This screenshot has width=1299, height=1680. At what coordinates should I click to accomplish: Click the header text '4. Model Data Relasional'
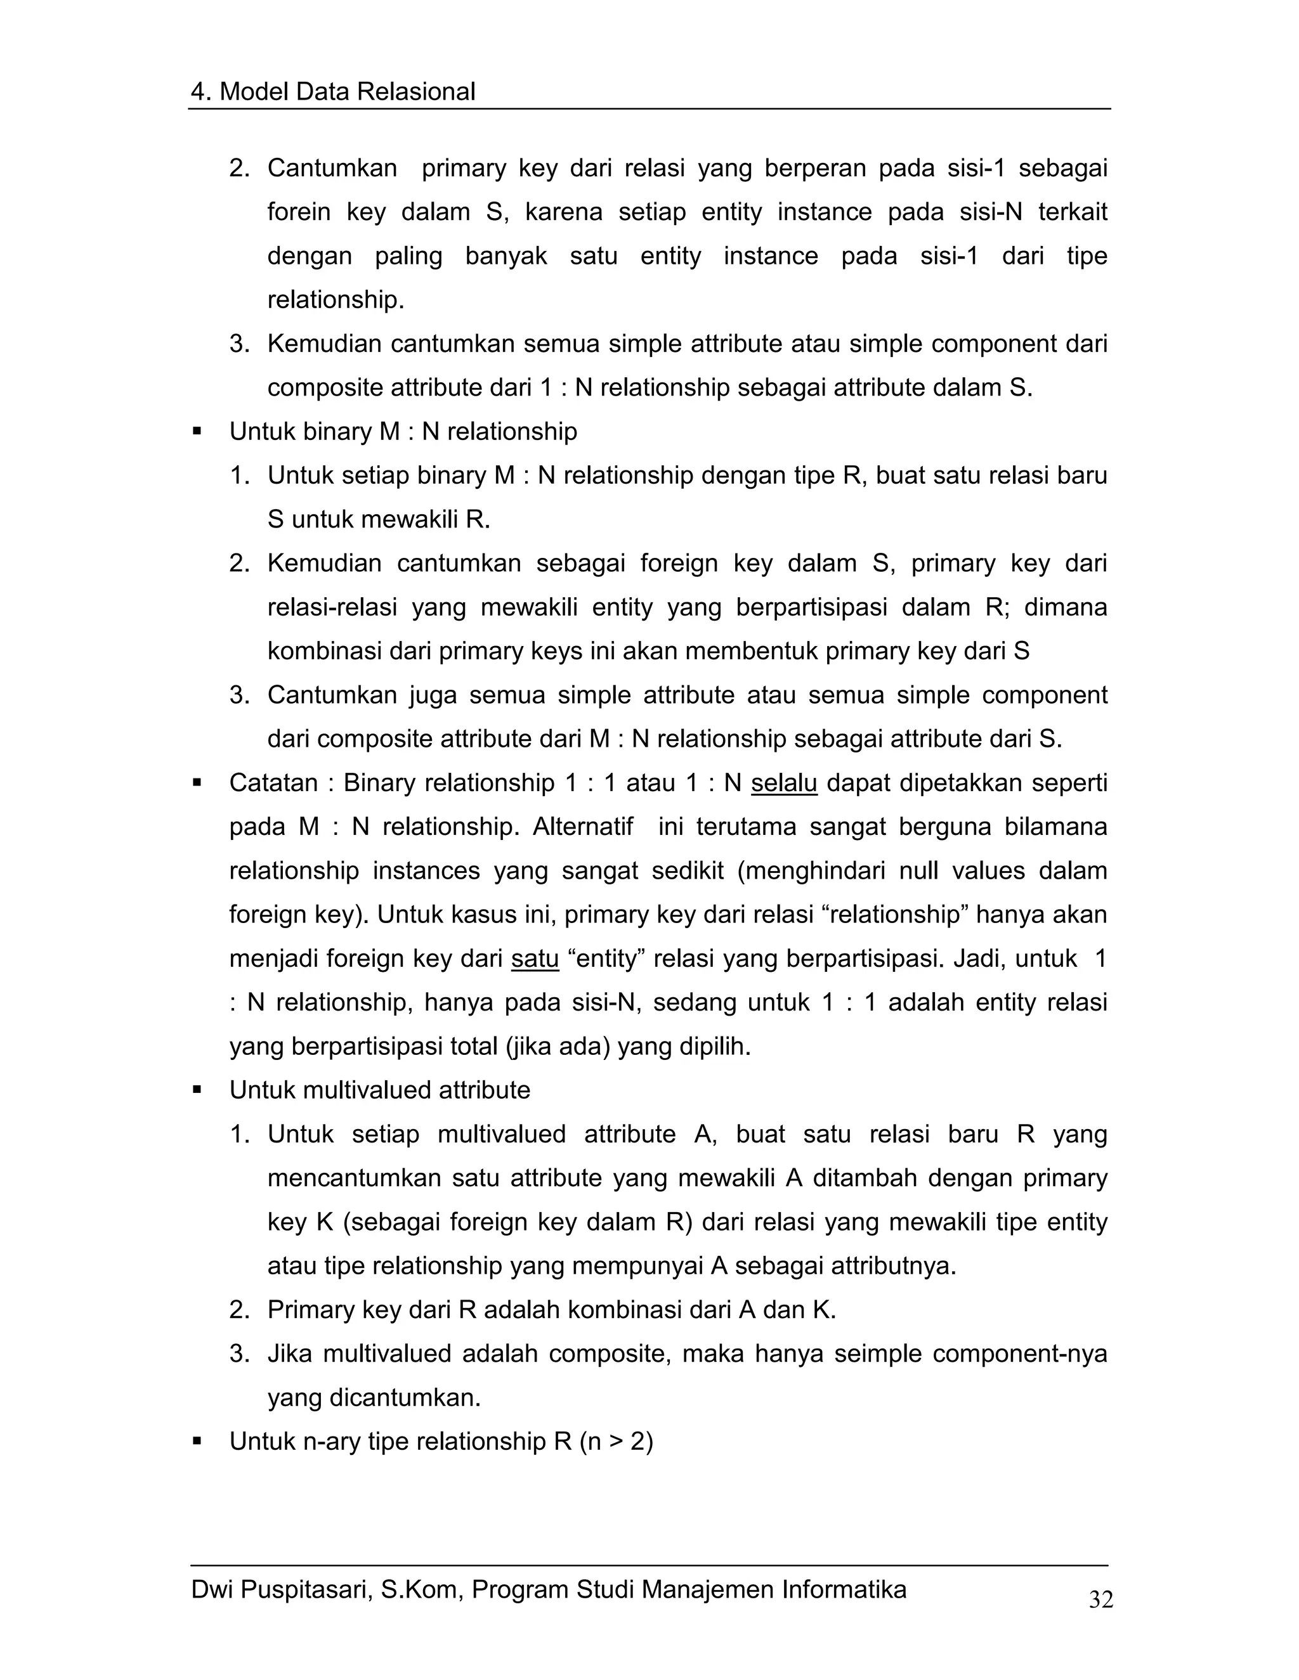pos(332,91)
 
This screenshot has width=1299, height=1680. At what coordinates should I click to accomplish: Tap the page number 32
pos(1100,1599)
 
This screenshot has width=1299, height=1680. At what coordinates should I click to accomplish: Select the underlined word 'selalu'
pos(783,783)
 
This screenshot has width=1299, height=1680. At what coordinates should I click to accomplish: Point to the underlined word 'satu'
pos(535,959)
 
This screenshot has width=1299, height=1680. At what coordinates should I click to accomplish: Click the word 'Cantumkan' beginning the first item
pos(332,168)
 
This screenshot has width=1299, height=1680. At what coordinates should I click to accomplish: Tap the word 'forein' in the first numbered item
pos(299,212)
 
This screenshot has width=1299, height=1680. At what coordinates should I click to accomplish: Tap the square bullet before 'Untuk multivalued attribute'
pos(197,1090)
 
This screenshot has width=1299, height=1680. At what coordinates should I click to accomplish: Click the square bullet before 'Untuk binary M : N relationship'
pos(197,432)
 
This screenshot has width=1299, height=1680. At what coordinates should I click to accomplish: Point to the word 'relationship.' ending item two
pos(336,299)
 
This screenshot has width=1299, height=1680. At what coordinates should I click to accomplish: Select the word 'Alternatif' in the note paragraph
pos(582,827)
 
